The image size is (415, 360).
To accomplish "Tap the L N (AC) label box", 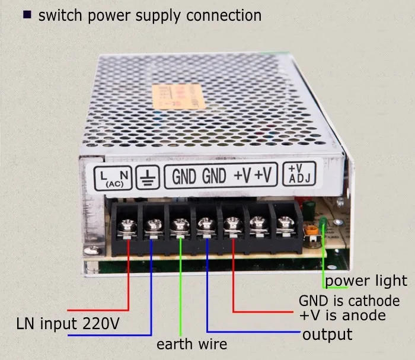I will click(112, 177).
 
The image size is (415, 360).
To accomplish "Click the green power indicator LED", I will click(323, 225).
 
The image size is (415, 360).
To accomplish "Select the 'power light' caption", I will click(366, 281).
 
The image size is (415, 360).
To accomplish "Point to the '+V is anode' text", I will click(343, 315).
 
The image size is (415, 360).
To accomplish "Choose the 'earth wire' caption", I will click(191, 344).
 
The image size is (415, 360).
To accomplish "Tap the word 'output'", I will click(327, 334).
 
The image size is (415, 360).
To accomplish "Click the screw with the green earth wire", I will click(178, 225).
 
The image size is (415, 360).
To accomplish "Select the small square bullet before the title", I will click(27, 15).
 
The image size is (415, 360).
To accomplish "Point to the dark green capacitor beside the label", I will click(309, 208).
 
